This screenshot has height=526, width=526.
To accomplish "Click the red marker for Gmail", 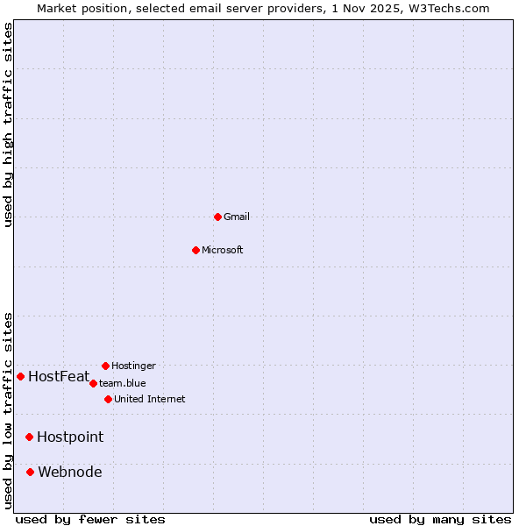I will coord(217,217).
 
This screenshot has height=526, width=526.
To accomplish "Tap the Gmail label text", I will coord(237,217).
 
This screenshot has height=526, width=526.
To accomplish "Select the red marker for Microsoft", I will coord(195,250).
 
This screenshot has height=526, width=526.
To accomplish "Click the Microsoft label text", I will coord(222,250).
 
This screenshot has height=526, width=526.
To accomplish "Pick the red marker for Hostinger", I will coord(105,366).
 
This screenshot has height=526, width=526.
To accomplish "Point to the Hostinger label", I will coord(133,366).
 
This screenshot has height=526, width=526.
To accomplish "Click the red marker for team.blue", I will coord(93,383).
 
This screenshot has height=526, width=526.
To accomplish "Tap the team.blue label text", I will coord(122,383).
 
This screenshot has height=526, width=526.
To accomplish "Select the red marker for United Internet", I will coord(108,399).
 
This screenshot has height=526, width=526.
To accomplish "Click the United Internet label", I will coord(149,399).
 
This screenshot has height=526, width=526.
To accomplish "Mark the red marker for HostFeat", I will coord(20,376).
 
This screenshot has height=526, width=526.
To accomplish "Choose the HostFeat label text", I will coord(59,377).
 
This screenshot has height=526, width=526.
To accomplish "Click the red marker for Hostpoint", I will coord(29,437).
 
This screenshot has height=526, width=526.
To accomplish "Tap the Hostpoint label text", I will coord(70,437).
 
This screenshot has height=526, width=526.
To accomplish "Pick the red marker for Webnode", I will coord(30,472).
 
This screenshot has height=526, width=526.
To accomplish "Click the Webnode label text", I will coord(69,472).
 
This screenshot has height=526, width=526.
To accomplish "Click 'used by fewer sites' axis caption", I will coord(90,519).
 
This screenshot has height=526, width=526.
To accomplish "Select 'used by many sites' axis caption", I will coord(440,519).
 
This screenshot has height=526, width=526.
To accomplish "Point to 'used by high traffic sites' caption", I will coord(8,124).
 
